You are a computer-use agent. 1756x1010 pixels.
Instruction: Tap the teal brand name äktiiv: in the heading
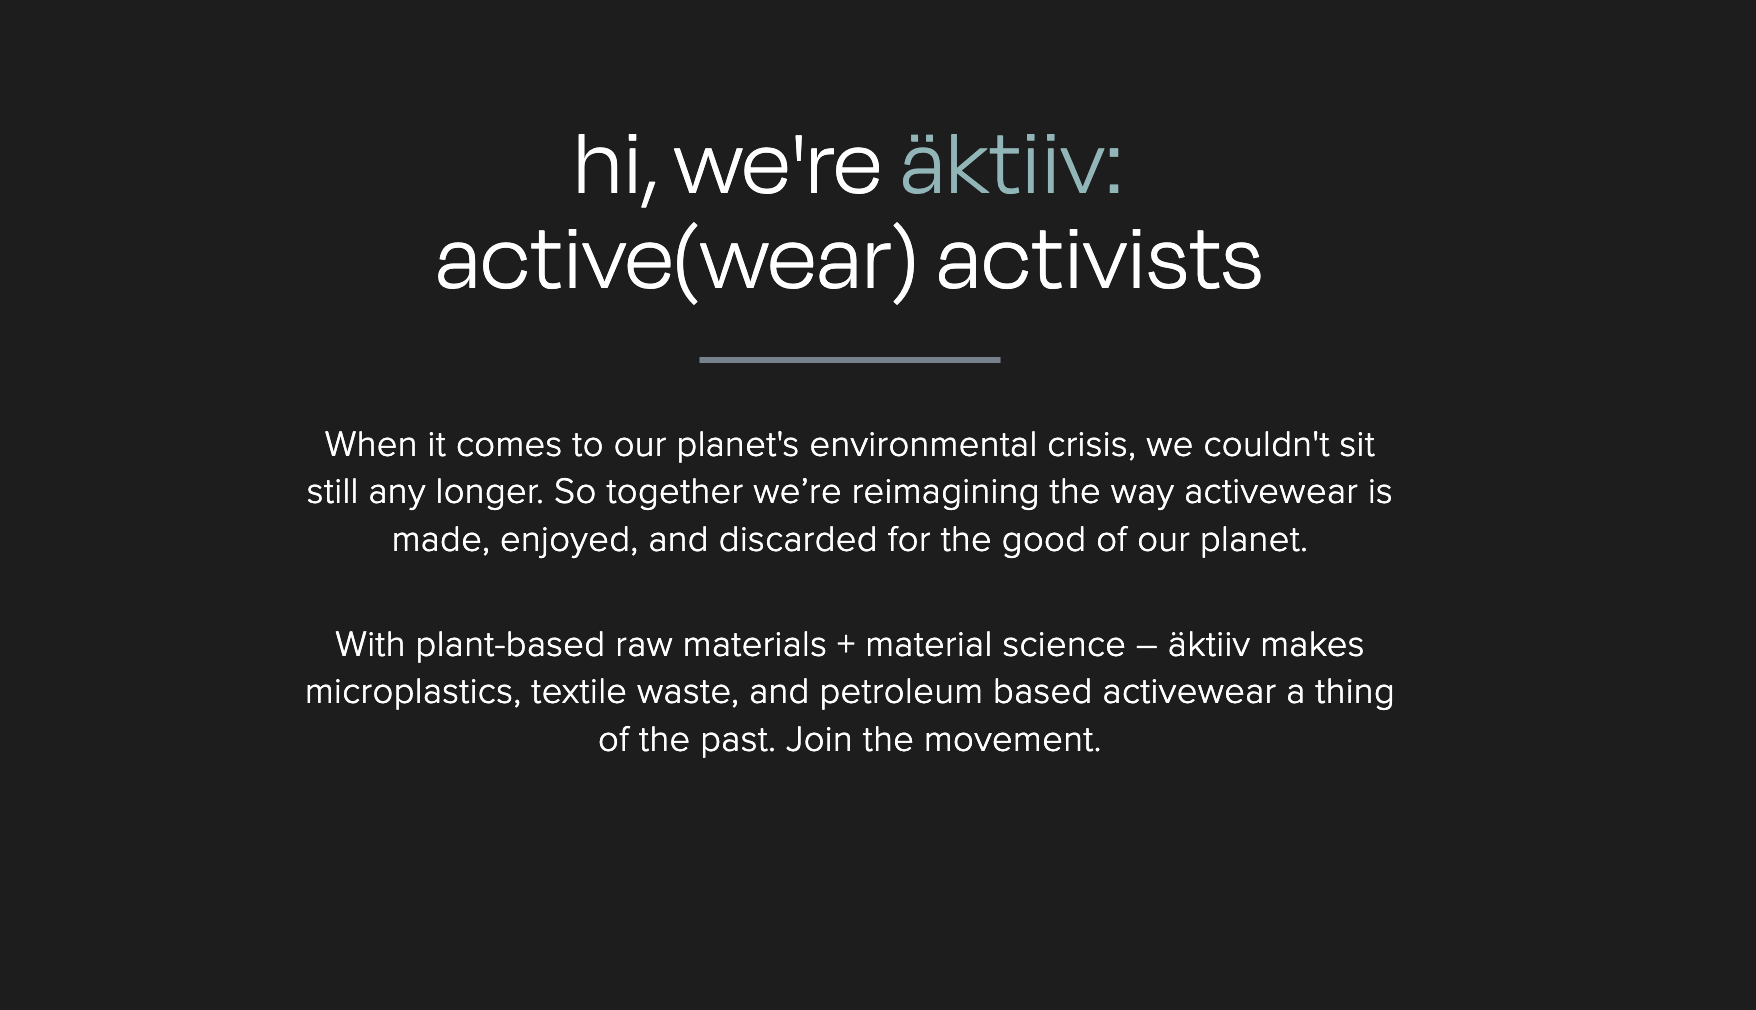[x=1012, y=164]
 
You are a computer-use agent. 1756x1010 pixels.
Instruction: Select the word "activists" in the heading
[x=1099, y=259]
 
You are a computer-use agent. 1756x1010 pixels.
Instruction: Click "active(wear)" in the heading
[x=676, y=262]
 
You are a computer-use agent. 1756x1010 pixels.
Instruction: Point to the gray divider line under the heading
[x=850, y=360]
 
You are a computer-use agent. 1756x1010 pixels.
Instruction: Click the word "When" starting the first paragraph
[x=371, y=444]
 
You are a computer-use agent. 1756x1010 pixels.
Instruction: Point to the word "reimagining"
[x=945, y=492]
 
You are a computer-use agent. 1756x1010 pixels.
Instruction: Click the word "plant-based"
[x=510, y=645]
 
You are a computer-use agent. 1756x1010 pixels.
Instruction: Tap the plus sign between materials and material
[x=846, y=645]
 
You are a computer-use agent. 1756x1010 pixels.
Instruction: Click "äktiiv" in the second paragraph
[x=1209, y=644]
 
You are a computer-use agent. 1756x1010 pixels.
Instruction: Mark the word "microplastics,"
[x=413, y=692]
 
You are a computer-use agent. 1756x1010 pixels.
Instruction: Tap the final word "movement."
[x=1012, y=740]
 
